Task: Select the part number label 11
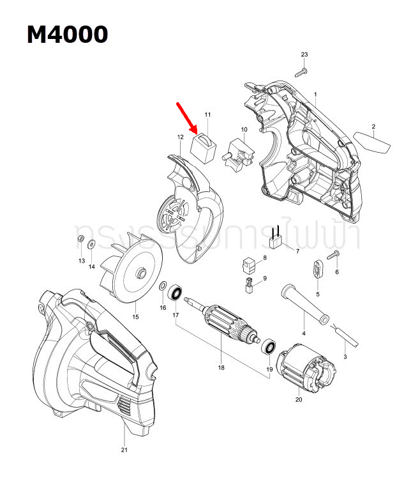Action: [x=207, y=114]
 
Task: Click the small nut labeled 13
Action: [x=81, y=240]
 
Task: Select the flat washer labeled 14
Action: [x=92, y=243]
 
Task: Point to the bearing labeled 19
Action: [x=270, y=348]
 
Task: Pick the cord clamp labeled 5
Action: [x=317, y=267]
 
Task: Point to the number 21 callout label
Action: [x=124, y=450]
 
